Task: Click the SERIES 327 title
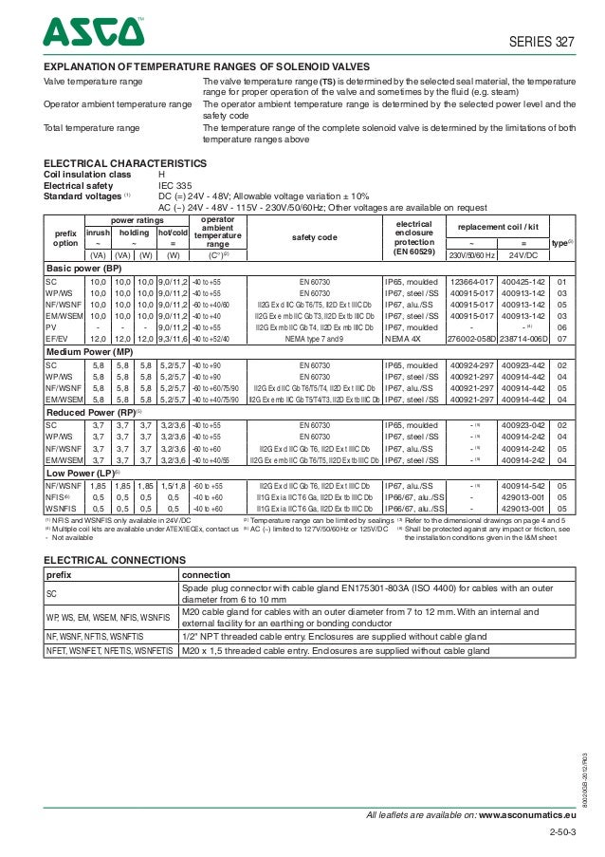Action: [543, 42]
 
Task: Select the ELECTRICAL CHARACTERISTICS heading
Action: [125, 164]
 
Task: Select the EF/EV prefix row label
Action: [57, 337]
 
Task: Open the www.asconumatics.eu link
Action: [528, 815]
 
